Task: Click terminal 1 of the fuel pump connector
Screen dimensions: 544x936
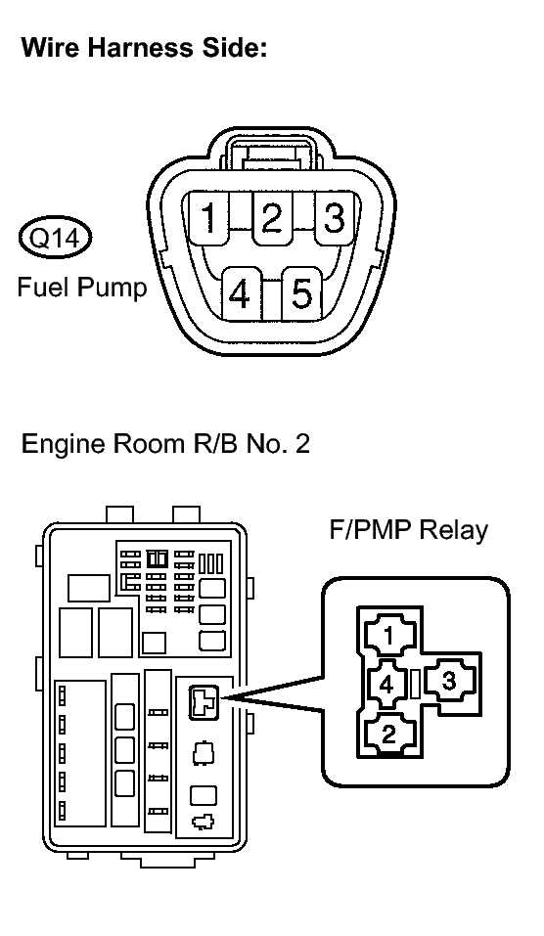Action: click(x=208, y=218)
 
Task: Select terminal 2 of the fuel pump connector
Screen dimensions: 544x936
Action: click(x=272, y=218)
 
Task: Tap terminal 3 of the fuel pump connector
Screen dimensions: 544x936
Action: click(x=335, y=218)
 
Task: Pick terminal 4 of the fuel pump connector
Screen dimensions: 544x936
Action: click(x=240, y=294)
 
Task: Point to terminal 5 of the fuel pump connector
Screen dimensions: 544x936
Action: click(x=302, y=294)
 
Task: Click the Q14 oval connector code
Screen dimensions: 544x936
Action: click(x=55, y=239)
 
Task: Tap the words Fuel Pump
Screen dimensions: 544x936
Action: click(x=82, y=288)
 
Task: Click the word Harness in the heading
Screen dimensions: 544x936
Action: click(x=140, y=48)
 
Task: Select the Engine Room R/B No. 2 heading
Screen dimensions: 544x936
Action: click(x=165, y=444)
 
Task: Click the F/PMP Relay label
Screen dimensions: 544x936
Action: click(x=408, y=529)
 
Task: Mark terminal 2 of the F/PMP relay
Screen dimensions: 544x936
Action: click(x=389, y=733)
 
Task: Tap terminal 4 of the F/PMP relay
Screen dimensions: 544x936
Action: click(x=386, y=684)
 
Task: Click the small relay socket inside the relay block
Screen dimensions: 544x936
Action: click(x=204, y=701)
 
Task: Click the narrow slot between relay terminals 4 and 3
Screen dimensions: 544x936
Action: click(x=417, y=683)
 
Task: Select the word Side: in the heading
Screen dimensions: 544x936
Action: click(x=232, y=48)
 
